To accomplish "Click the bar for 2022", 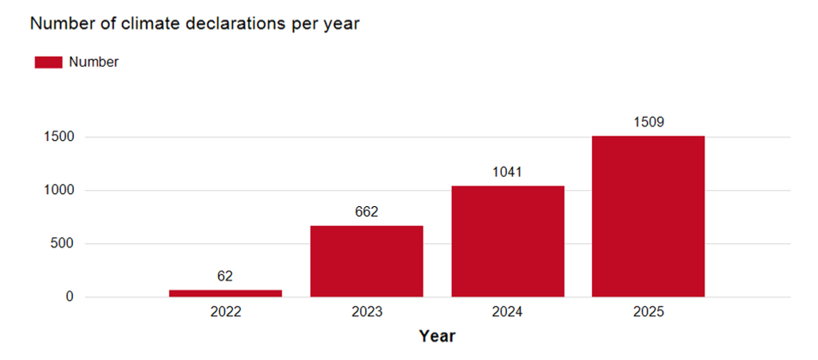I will point(225,294).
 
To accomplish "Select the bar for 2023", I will point(366,261).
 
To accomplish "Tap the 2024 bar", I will point(507,241).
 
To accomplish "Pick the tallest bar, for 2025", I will point(648,217).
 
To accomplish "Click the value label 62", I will point(225,276).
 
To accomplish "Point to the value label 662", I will point(366,211).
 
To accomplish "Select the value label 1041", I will point(507,172).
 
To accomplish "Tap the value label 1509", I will point(648,121).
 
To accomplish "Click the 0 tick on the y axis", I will point(69,297).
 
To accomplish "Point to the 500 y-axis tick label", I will point(63,244).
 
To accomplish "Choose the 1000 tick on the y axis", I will point(59,191).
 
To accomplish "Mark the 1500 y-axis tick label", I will point(59,137).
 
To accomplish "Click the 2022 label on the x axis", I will point(225,313).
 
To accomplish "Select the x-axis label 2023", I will point(366,313).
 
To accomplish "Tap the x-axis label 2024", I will point(507,313).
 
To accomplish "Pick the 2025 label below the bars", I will point(648,313).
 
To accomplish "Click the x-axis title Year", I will point(436,336).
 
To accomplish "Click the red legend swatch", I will point(48,62).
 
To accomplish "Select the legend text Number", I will point(94,62).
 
